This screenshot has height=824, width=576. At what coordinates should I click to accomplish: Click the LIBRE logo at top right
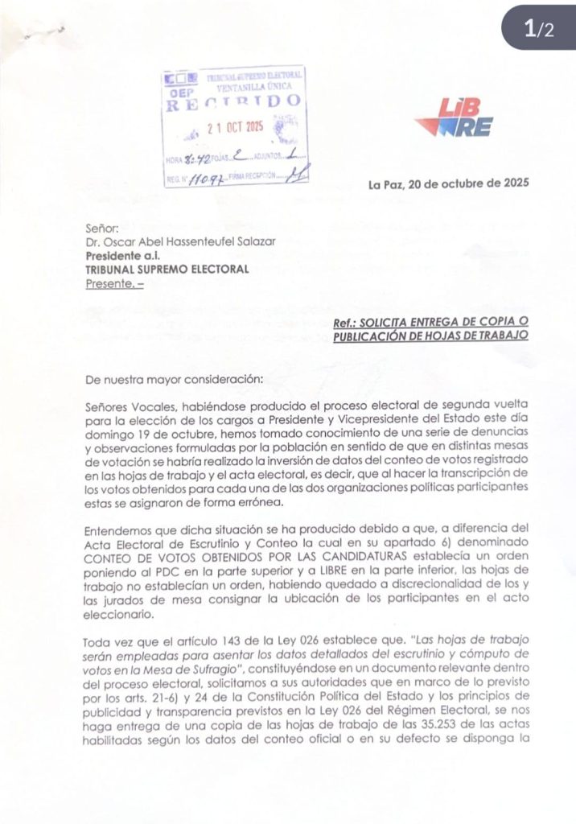click(455, 118)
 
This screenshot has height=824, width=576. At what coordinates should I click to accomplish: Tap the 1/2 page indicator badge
click(539, 30)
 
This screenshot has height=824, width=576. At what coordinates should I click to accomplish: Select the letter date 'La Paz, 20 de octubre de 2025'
click(448, 184)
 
